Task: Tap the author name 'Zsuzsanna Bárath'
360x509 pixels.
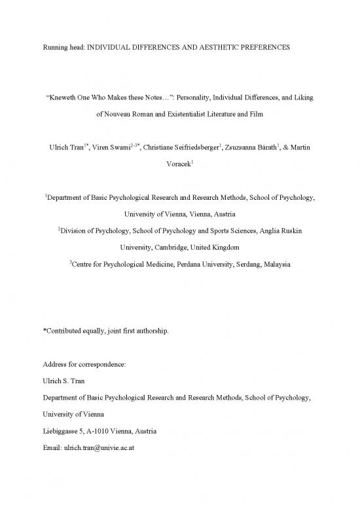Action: click(250, 148)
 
